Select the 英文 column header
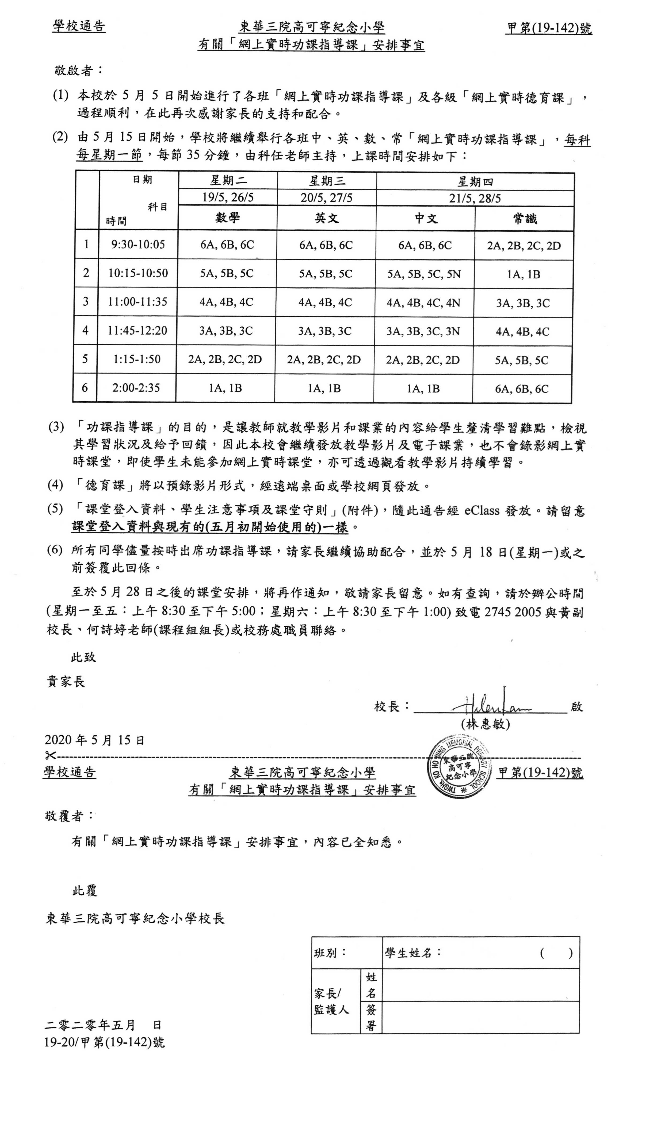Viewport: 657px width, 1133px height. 326,219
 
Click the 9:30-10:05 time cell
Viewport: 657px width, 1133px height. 138,245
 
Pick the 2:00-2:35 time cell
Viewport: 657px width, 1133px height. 136,387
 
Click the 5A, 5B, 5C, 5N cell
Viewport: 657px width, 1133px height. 424,274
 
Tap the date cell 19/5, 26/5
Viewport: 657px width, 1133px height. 228,197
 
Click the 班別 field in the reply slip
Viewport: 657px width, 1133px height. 346,953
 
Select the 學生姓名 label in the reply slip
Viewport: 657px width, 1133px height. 413,953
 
